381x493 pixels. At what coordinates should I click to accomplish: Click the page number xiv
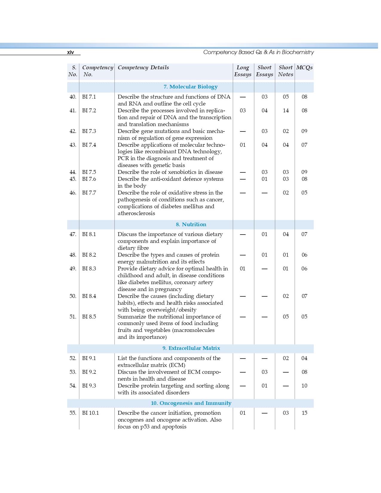70,52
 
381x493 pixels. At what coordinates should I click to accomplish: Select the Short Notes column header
285,71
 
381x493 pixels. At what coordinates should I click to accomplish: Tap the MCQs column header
304,68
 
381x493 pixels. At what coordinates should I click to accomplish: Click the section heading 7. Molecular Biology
190,87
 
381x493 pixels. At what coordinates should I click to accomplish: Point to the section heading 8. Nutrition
191,224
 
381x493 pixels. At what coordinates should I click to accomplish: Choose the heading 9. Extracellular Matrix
191,348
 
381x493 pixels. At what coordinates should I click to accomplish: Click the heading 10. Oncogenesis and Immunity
191,403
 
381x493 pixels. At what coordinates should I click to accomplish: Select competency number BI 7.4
89,145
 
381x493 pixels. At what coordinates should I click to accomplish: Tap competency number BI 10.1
90,413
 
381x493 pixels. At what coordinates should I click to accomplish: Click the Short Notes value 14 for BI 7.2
286,111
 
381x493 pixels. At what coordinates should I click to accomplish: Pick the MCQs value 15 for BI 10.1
304,413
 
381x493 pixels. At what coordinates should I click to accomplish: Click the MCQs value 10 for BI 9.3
304,386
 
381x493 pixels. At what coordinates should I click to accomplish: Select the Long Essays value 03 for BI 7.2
243,111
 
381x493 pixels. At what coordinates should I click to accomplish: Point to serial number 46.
73,193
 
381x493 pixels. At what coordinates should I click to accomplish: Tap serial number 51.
73,317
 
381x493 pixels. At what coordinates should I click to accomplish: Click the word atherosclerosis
136,213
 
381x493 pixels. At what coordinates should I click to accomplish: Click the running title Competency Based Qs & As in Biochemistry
258,52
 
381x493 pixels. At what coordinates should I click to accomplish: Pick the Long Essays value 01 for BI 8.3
243,269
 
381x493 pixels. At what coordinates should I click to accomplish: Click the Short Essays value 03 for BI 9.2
264,372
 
